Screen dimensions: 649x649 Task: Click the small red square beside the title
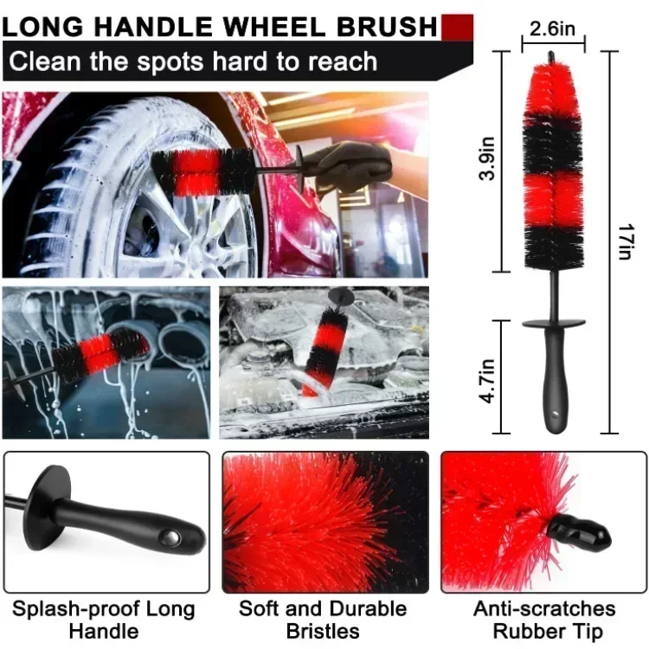tap(458, 28)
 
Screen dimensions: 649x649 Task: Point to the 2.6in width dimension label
tap(552, 29)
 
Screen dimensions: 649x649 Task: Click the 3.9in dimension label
tap(487, 158)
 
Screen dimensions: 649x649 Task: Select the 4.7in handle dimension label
tap(486, 381)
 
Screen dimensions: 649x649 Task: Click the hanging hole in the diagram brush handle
tap(555, 413)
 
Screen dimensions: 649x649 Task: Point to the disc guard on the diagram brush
tap(554, 323)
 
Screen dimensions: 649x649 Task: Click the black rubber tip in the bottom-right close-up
tap(580, 533)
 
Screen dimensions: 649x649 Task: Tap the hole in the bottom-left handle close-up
tap(170, 538)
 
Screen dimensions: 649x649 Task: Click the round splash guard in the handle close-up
tap(47, 507)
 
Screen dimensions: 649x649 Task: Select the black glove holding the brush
tap(347, 166)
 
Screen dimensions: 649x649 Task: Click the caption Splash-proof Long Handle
tap(104, 620)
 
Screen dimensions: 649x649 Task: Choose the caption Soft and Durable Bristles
tap(323, 620)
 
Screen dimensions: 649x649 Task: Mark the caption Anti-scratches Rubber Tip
tap(544, 620)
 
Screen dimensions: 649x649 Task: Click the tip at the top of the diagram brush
tap(551, 57)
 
